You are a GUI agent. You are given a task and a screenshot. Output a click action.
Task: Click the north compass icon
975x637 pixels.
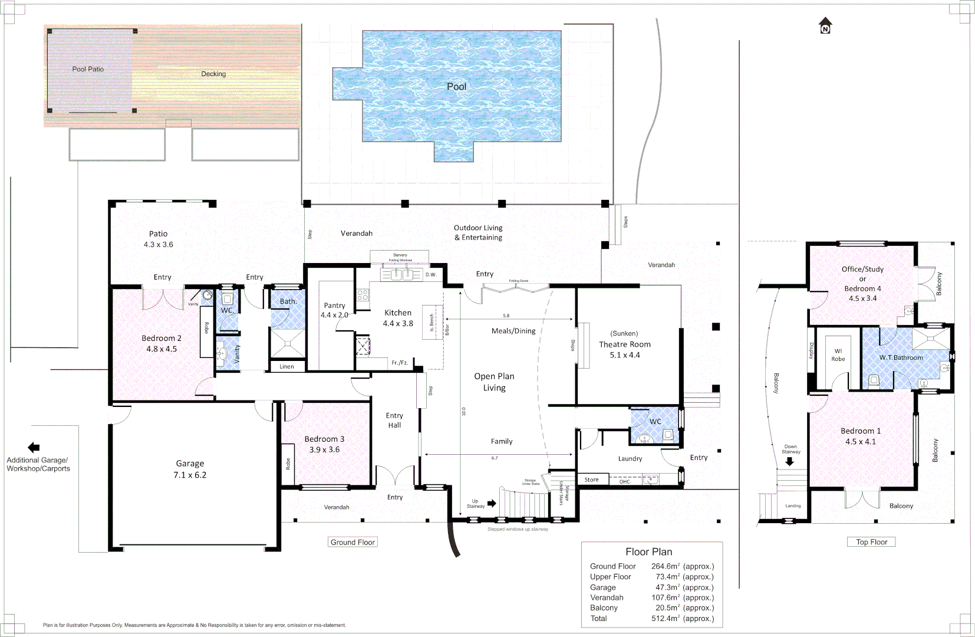[x=825, y=25]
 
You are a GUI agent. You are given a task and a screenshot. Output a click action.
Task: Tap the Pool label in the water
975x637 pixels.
[x=456, y=87]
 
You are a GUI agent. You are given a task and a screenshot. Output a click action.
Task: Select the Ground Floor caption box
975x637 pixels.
[x=353, y=542]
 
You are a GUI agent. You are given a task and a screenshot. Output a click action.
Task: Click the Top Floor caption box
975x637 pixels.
[x=871, y=542]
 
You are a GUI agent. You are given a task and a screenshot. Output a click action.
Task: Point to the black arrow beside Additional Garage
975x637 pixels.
[x=34, y=448]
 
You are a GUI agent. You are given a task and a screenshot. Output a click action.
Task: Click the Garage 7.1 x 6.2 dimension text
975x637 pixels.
[x=190, y=475]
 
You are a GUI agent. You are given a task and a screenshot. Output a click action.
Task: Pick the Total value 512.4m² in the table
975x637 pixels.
[x=682, y=618]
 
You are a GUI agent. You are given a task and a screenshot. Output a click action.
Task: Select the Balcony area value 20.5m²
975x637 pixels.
[x=682, y=608]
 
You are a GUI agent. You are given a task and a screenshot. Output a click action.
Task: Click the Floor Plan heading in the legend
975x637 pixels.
[x=648, y=551]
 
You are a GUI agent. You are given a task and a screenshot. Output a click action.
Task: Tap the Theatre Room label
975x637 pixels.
[x=625, y=344]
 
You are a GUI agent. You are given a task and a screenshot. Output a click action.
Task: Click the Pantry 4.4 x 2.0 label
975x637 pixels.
[x=334, y=310]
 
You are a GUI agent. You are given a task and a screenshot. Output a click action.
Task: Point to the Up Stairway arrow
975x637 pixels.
[x=492, y=503]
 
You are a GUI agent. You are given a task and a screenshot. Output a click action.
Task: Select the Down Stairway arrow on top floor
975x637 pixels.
[x=790, y=461]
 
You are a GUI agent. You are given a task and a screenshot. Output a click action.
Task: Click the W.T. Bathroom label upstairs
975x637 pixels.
[x=901, y=357]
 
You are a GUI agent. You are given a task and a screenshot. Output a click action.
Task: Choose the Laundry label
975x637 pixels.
[x=630, y=458]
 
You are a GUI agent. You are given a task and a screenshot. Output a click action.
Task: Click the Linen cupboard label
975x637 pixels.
[x=286, y=366]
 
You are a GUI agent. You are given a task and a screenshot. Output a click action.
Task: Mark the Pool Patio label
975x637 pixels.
[x=88, y=69]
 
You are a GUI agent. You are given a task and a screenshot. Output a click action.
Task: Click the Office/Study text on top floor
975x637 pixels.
[x=862, y=269]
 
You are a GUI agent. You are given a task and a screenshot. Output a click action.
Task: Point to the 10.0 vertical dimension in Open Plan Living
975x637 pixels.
[x=464, y=411]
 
